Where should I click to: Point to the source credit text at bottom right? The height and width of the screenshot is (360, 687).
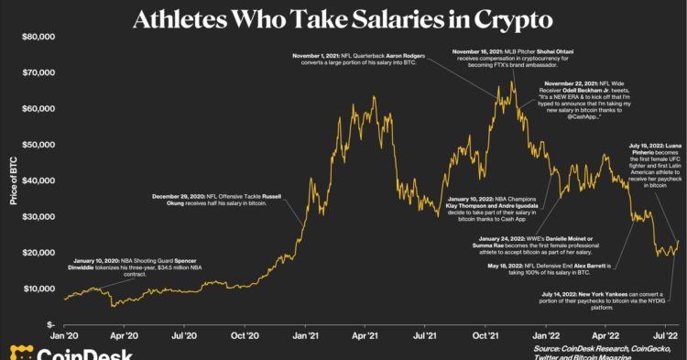coord(599,352)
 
